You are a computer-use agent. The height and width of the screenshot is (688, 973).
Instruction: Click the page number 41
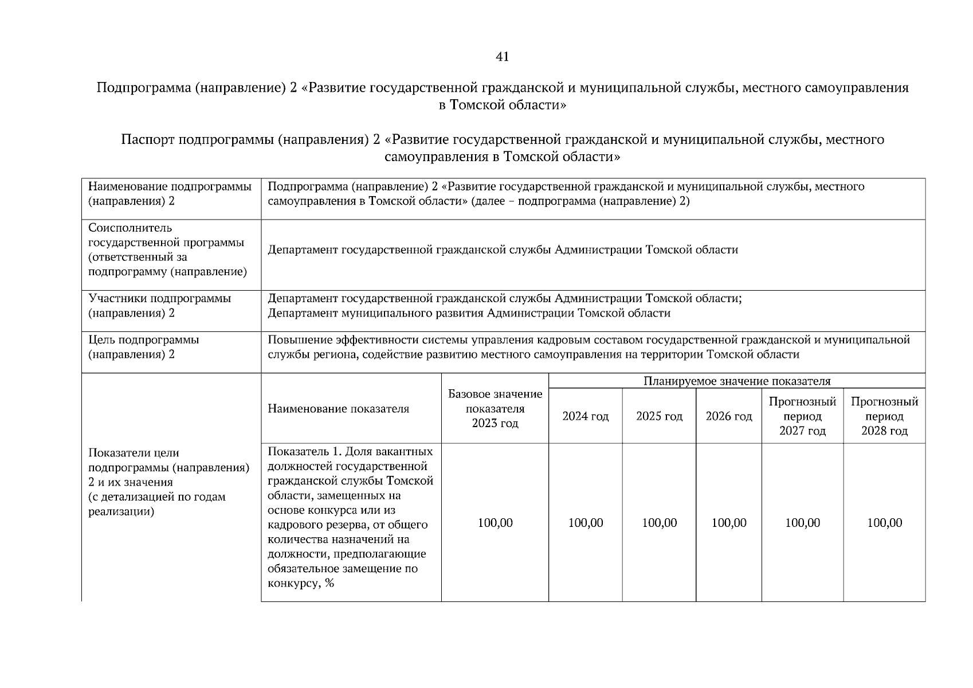502,57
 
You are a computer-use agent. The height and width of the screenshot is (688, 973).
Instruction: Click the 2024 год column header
585,416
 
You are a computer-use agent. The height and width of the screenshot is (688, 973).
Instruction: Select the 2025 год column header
659,416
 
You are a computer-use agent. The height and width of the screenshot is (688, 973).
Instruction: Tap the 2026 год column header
728,416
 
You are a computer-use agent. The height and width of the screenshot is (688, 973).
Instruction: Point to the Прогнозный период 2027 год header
802,416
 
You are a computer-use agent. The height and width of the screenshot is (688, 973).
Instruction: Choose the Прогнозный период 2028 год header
884,416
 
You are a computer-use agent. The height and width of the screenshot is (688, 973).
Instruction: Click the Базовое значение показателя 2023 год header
495,409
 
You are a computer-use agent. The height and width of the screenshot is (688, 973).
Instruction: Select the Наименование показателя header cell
338,409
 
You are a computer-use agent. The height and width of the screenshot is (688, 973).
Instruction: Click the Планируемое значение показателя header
736,381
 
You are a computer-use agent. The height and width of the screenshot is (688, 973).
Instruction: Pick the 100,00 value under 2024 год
585,523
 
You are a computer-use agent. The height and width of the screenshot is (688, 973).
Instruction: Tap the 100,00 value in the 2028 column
884,523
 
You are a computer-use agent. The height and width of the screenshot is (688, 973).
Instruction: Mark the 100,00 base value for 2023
495,523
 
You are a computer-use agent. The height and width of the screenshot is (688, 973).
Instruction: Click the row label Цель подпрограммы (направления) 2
144,347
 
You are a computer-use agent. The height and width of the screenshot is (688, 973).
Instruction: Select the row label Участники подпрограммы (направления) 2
160,306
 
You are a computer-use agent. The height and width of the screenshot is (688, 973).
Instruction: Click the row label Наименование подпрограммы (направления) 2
170,194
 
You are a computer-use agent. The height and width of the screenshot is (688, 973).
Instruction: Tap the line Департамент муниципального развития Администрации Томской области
469,313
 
